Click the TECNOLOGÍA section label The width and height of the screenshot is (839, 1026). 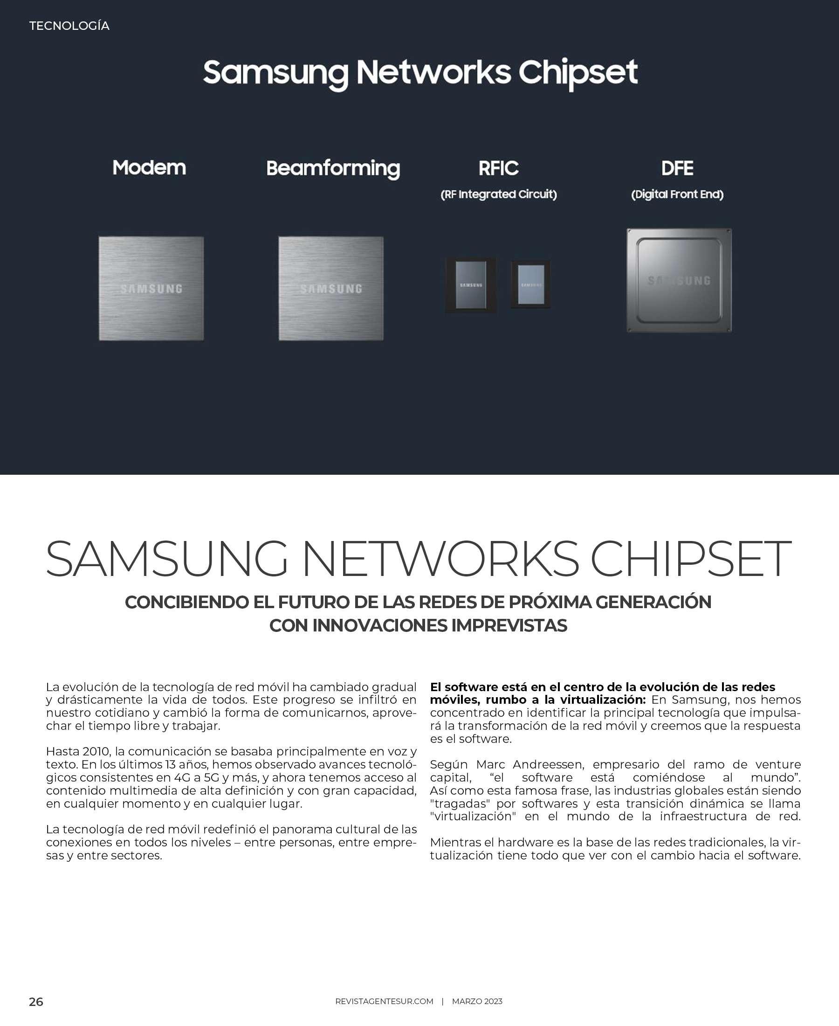[69, 26]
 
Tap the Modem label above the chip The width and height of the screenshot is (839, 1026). [149, 168]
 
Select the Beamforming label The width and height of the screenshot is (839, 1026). [333, 168]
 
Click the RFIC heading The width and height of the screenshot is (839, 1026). [498, 168]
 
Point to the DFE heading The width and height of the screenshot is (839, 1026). [677, 168]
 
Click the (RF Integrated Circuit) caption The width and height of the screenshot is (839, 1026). [498, 194]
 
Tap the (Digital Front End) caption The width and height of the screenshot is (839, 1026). [677, 194]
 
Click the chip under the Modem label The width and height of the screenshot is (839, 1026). [151, 288]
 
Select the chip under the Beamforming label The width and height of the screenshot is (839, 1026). [331, 288]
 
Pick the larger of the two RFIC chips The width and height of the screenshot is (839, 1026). [471, 285]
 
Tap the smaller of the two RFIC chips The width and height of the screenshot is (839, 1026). [530, 284]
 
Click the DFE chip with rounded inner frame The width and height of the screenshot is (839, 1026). [679, 280]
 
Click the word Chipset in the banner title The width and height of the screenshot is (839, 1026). [578, 73]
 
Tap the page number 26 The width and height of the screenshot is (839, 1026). [36, 1002]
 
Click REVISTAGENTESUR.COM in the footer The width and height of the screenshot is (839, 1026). [384, 1001]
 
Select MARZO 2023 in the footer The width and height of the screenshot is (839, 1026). [477, 1001]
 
